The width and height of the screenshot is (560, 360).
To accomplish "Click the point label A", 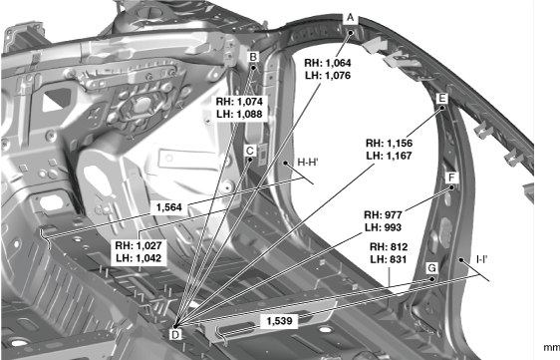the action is [x=350, y=18].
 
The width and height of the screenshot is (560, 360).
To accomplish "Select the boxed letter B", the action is [x=253, y=57].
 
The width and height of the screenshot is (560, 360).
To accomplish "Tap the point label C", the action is [x=250, y=151].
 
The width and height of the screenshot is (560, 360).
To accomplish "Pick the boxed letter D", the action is [x=175, y=335].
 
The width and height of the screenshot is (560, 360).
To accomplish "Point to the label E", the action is [x=441, y=99].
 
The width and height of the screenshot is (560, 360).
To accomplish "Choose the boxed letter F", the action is [x=451, y=178].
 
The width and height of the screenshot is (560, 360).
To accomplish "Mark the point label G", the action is [x=431, y=268].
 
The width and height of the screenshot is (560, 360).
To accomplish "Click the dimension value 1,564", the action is [x=169, y=207].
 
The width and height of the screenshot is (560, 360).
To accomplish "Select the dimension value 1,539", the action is [x=279, y=321].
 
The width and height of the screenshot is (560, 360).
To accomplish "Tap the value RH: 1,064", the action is [x=328, y=63].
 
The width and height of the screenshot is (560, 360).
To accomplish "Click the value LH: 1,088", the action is [x=239, y=114].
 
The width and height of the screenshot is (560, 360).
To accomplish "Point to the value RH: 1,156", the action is [x=389, y=143].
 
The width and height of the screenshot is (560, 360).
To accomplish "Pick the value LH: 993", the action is [x=384, y=227].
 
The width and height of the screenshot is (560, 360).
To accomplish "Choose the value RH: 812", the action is [x=389, y=247].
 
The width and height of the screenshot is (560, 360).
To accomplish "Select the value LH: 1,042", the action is [x=139, y=258].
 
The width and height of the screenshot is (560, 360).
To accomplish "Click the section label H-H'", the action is [x=308, y=163].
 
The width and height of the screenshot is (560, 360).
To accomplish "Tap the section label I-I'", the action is [x=482, y=259].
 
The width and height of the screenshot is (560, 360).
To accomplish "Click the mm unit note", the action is [x=551, y=347].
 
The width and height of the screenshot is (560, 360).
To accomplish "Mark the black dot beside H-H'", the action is [x=286, y=163].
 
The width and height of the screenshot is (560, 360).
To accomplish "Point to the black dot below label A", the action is [x=351, y=33].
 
